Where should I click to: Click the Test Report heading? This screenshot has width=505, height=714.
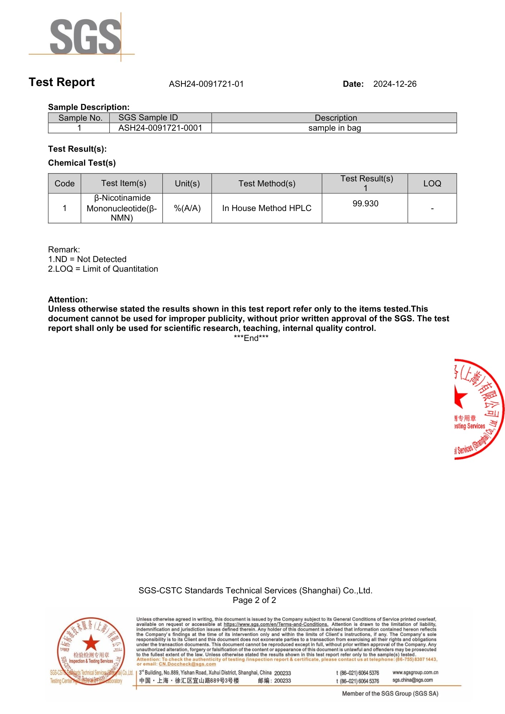[62, 82]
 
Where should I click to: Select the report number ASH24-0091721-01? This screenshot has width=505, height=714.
[206, 84]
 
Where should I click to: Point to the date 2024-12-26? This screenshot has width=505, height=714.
[395, 84]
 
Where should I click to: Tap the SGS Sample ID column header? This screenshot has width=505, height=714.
[148, 118]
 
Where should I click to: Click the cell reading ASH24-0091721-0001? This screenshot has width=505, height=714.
[160, 128]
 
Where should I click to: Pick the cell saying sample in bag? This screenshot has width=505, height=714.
[335, 128]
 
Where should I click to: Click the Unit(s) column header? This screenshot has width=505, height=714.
[187, 183]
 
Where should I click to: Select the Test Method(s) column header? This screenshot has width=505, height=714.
[267, 183]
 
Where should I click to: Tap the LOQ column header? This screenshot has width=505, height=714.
[432, 183]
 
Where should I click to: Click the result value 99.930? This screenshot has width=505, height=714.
[365, 203]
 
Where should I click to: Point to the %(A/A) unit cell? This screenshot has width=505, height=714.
[187, 208]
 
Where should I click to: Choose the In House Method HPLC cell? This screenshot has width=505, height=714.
[267, 208]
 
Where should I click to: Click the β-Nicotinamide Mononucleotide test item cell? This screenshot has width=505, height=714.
[122, 208]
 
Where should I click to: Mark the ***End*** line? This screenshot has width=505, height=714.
[251, 338]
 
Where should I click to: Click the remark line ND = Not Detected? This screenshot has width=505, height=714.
[87, 259]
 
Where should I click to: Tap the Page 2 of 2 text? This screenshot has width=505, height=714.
[254, 600]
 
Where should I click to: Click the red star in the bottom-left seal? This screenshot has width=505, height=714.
[91, 642]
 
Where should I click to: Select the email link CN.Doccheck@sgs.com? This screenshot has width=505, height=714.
[187, 664]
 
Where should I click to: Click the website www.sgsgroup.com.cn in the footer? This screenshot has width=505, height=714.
[415, 672]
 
